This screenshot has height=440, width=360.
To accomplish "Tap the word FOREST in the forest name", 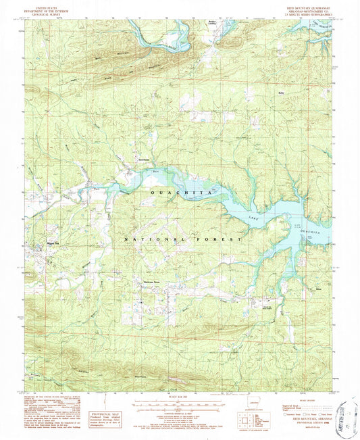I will (x=224, y=239).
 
